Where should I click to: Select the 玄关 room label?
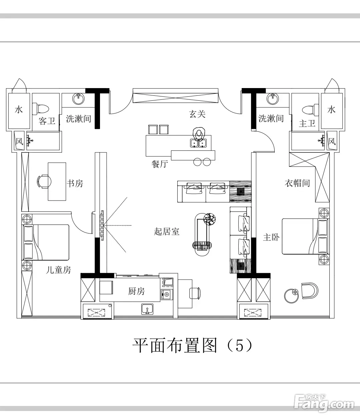click(197, 114)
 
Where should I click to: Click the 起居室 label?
click(167, 231)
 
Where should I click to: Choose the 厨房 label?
click(136, 291)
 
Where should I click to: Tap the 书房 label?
click(75, 183)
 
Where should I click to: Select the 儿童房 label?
click(58, 270)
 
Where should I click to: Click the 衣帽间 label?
click(297, 183)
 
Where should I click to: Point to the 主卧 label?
click(271, 238)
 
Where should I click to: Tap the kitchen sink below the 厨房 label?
click(147, 309)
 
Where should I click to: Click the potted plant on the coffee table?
click(210, 219)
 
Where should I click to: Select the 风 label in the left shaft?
click(19, 142)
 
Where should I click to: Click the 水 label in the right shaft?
click(331, 109)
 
